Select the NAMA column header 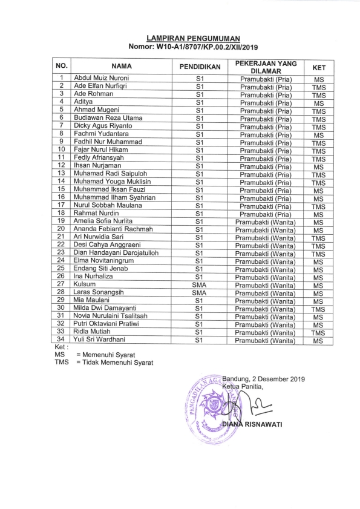[x=121, y=66]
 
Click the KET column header [x=319, y=68]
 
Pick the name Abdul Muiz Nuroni [x=101, y=78]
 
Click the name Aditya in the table [x=83, y=102]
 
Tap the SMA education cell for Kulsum [x=199, y=284]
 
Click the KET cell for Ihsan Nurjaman [x=319, y=166]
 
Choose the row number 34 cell [x=61, y=340]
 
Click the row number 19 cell [x=61, y=221]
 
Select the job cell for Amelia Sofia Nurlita [x=266, y=222]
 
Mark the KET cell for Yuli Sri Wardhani [x=319, y=341]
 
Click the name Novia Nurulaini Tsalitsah [x=113, y=316]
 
